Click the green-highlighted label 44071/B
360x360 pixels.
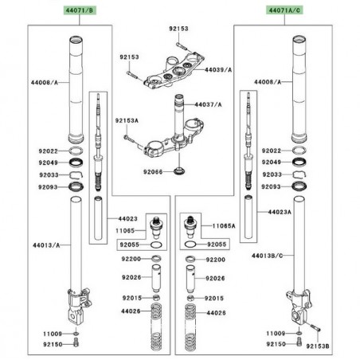pos(80,10)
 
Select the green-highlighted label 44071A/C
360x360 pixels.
pos(284,10)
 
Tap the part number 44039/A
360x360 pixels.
pos(218,70)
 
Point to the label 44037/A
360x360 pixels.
pos(208,104)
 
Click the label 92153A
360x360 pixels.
pos(127,121)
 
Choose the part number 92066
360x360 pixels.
pos(153,172)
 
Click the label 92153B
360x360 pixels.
pos(318,346)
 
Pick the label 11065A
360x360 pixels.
pos(224,226)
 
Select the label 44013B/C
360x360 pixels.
pos(267,256)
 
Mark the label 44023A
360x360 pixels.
pos(280,212)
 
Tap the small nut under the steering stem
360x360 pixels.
pos(179,170)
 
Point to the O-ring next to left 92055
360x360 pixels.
pos(156,245)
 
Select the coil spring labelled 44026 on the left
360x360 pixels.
pos(156,327)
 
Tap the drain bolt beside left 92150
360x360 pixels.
pos(76,343)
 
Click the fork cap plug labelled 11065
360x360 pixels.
pos(156,228)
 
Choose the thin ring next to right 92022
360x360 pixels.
pos(299,151)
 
